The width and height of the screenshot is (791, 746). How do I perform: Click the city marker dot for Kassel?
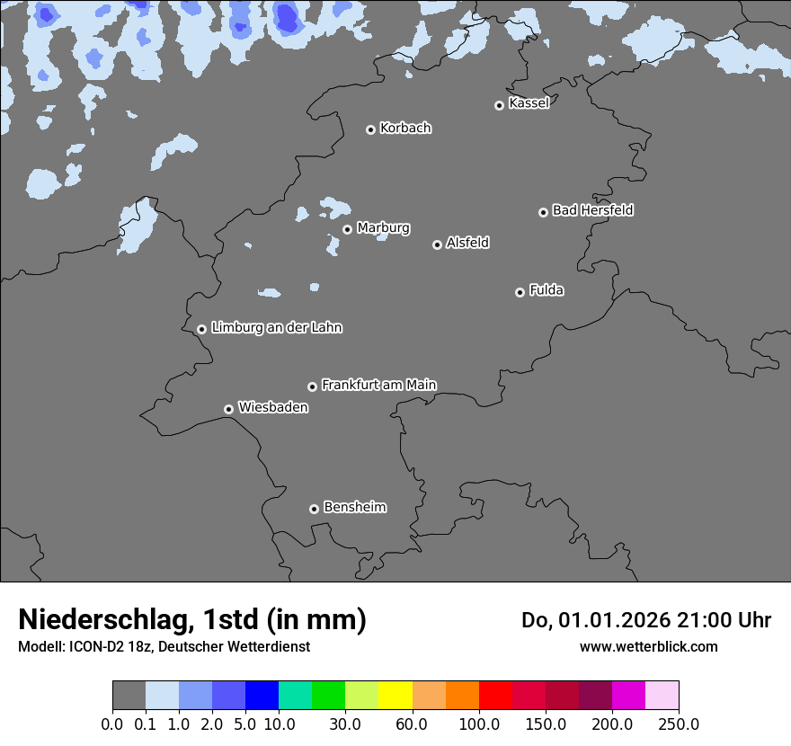pyautogui.click(x=499, y=105)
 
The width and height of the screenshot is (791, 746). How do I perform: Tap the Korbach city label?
pyautogui.click(x=405, y=129)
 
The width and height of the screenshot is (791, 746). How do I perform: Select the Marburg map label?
pyautogui.click(x=383, y=228)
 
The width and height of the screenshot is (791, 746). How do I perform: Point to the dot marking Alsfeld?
pyautogui.click(x=437, y=244)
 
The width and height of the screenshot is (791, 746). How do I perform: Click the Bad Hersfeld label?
pyautogui.click(x=592, y=210)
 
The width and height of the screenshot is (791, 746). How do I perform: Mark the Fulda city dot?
pyautogui.click(x=520, y=292)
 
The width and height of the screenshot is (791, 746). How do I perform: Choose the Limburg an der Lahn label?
pyautogui.click(x=276, y=328)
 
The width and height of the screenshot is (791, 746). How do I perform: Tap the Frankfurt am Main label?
pyautogui.click(x=378, y=385)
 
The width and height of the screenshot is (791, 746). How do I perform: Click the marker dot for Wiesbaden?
pyautogui.click(x=228, y=409)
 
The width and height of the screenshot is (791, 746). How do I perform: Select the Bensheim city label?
pyautogui.click(x=354, y=508)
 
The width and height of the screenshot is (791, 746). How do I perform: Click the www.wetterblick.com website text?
pyautogui.click(x=648, y=646)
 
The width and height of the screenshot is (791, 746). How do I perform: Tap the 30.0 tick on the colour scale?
pyautogui.click(x=345, y=724)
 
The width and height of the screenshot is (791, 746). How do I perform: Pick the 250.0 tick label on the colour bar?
pyautogui.click(x=679, y=724)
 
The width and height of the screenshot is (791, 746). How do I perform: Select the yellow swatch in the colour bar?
pyautogui.click(x=395, y=696)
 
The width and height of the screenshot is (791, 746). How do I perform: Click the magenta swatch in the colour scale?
pyautogui.click(x=628, y=696)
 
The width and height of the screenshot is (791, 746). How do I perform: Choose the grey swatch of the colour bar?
pyautogui.click(x=129, y=696)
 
